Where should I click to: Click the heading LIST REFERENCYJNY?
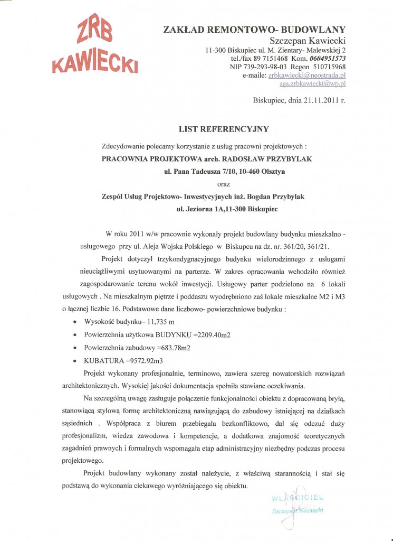point(224,128)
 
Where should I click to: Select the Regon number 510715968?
point(327,67)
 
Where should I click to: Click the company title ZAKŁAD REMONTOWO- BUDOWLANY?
point(255,29)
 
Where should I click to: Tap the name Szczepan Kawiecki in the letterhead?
point(307,40)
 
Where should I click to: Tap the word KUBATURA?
point(103,361)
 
